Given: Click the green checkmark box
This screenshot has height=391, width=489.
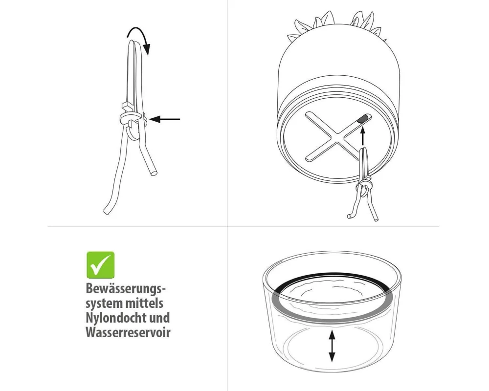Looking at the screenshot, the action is (x=100, y=265).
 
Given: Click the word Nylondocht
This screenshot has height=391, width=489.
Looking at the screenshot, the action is (x=117, y=318).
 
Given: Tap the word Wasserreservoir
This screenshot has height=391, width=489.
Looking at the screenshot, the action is (x=128, y=332).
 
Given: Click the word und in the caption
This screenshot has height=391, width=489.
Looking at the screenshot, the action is (x=160, y=318).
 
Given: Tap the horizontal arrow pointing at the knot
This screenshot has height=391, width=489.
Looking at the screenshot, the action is (x=164, y=119).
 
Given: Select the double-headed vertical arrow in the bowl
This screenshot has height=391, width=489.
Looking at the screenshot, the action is (x=332, y=346).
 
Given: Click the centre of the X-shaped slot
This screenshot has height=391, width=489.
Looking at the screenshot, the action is (x=336, y=137).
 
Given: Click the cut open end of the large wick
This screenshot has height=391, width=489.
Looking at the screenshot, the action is (x=154, y=173).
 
